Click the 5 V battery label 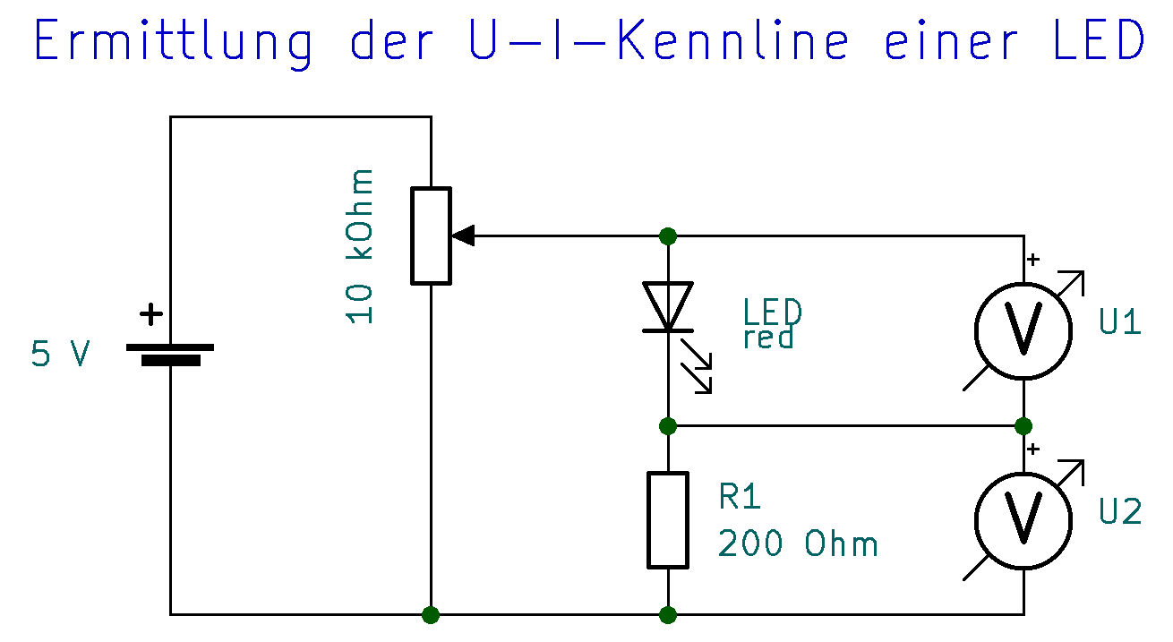[x=60, y=355]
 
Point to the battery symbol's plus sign [x=152, y=314]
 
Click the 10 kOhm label [x=361, y=245]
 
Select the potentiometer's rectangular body [x=431, y=235]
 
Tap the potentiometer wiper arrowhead [x=463, y=235]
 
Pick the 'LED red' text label [x=772, y=324]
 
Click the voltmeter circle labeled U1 [x=1023, y=330]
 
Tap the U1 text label [x=1120, y=322]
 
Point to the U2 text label [x=1120, y=512]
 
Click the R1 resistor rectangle [x=668, y=519]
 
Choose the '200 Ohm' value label [x=798, y=544]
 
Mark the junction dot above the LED [x=667, y=235]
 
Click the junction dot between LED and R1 [x=667, y=425]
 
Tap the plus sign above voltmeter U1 [x=1034, y=260]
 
